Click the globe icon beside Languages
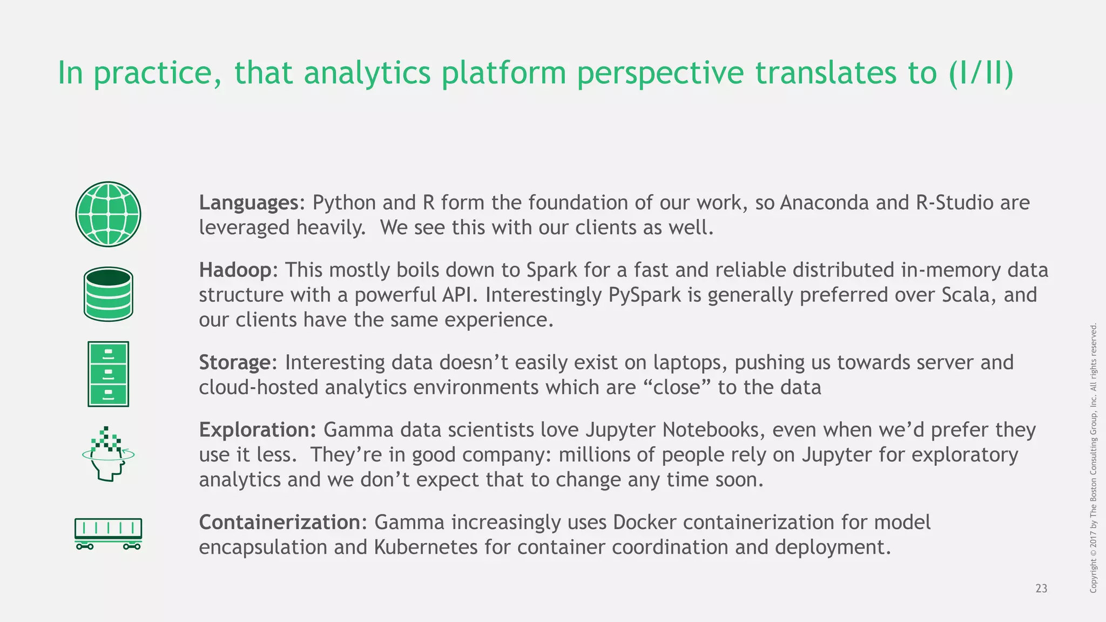(108, 214)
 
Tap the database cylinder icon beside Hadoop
(109, 294)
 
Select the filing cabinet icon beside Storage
(108, 374)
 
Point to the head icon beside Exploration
(109, 454)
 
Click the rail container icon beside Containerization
(108, 533)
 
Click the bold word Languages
(248, 203)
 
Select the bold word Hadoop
(235, 270)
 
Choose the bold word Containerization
(280, 522)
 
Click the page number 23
(1041, 589)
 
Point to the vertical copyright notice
(1094, 458)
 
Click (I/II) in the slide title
(981, 73)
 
